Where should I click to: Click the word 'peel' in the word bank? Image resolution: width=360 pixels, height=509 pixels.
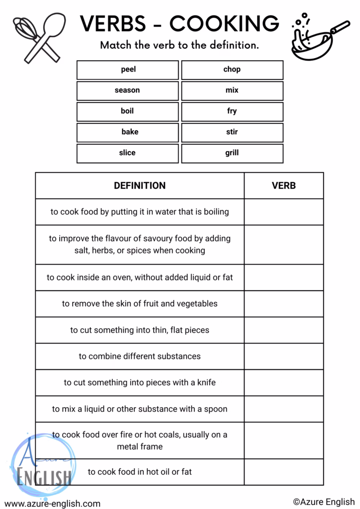128,70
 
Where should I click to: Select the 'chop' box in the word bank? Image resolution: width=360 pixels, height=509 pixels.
232,70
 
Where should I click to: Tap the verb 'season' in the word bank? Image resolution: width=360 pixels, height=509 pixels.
127,90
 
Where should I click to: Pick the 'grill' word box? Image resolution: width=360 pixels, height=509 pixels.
232,153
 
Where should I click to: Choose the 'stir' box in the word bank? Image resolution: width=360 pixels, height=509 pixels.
232,132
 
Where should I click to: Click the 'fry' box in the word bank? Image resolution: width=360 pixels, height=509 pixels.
232,111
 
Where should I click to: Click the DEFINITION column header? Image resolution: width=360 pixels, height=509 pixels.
140,186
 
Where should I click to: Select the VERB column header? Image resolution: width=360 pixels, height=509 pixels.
283,186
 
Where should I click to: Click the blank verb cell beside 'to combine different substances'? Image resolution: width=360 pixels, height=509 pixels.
283,356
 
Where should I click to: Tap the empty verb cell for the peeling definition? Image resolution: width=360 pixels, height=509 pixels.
283,304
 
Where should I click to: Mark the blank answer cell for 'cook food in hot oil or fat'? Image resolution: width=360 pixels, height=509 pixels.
283,472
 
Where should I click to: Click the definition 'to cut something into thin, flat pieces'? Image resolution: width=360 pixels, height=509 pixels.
140,330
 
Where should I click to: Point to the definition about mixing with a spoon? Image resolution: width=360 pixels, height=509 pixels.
140,409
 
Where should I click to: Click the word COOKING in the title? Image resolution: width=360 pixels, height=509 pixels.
224,23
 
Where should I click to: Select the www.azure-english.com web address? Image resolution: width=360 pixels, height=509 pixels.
53,503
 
